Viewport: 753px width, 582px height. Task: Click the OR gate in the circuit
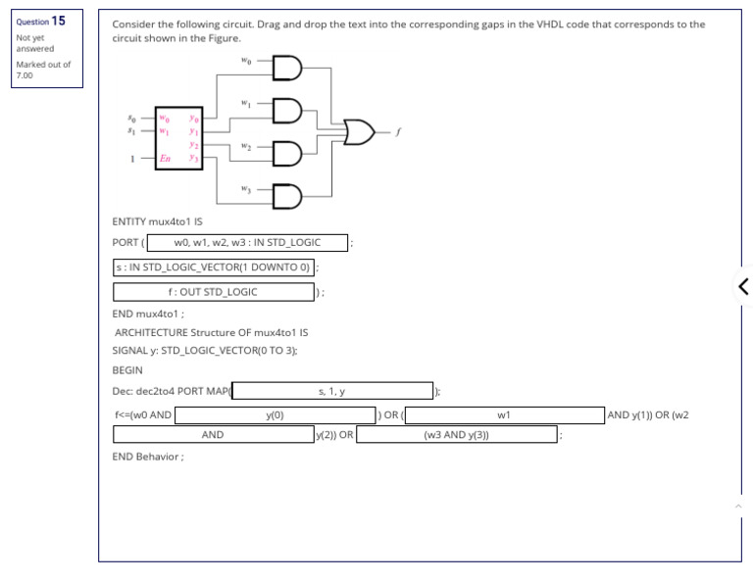click(x=358, y=130)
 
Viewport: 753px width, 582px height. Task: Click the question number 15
click(x=59, y=21)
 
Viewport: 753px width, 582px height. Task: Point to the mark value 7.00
click(x=25, y=74)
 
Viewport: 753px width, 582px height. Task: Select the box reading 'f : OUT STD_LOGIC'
click(x=213, y=292)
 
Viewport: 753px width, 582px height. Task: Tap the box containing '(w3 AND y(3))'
click(x=456, y=435)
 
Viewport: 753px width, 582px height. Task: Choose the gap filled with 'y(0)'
click(x=275, y=415)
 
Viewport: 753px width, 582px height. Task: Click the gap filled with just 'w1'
click(x=504, y=415)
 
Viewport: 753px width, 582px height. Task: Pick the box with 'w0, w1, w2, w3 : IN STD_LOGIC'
click(x=247, y=242)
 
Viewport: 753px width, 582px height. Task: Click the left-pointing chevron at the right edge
click(x=742, y=286)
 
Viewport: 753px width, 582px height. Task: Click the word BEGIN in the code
click(x=127, y=370)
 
